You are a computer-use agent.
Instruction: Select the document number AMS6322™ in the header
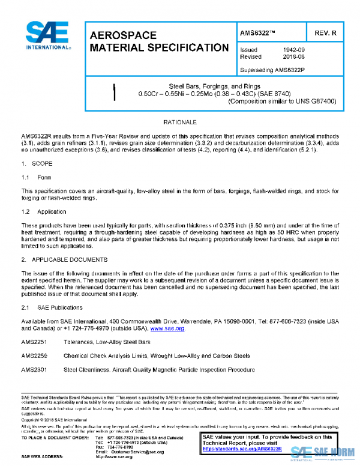259,32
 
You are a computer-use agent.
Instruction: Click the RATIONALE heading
179,121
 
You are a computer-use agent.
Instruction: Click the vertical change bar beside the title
114,91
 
